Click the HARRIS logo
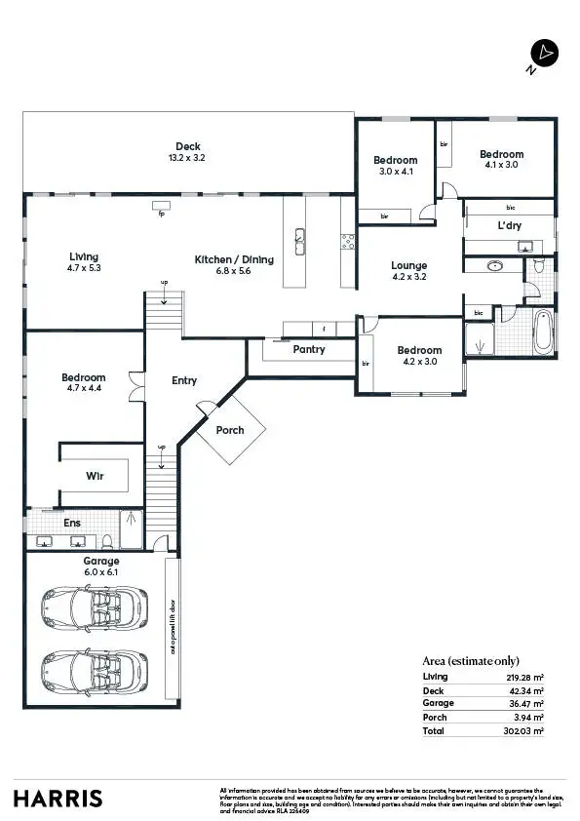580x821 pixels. coord(58,798)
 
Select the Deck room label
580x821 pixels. coord(188,146)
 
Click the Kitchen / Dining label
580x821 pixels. coord(234,259)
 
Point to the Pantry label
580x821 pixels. coord(309,349)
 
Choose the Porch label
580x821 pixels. coord(230,430)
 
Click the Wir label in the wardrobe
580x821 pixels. coord(94,477)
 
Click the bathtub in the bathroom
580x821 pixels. coord(542,332)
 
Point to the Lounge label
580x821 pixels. coord(409,265)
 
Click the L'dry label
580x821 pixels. coord(509,225)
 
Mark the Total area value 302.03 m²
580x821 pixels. coord(522,730)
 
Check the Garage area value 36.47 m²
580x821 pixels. coord(523,703)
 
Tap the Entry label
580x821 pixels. coord(184,380)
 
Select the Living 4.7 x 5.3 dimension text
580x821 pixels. coord(84,267)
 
